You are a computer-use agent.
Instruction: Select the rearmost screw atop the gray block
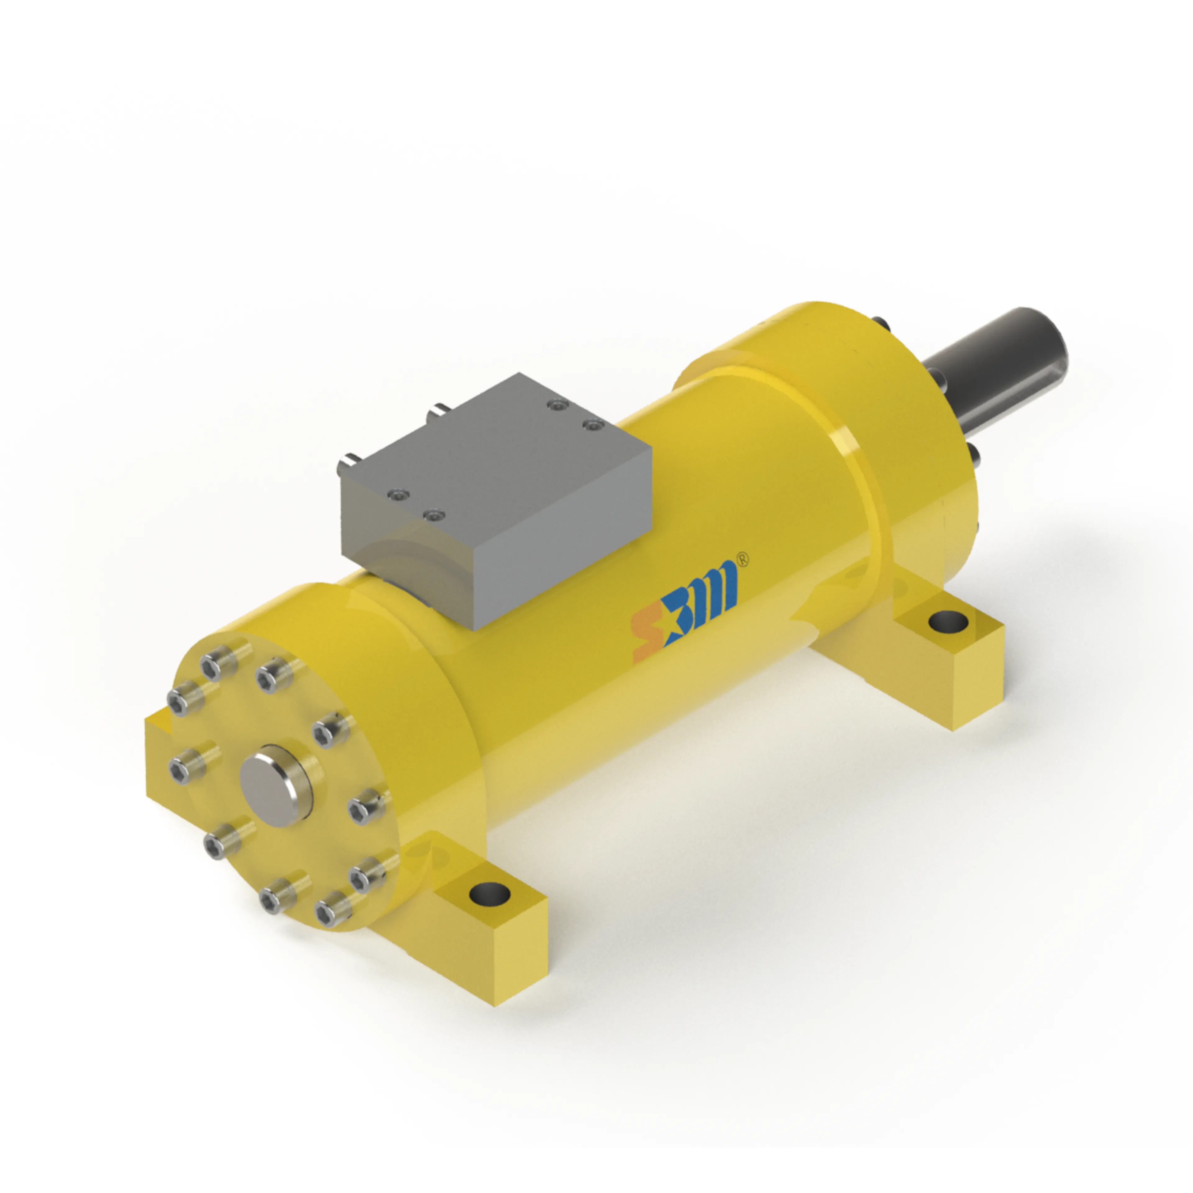[559, 406]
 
